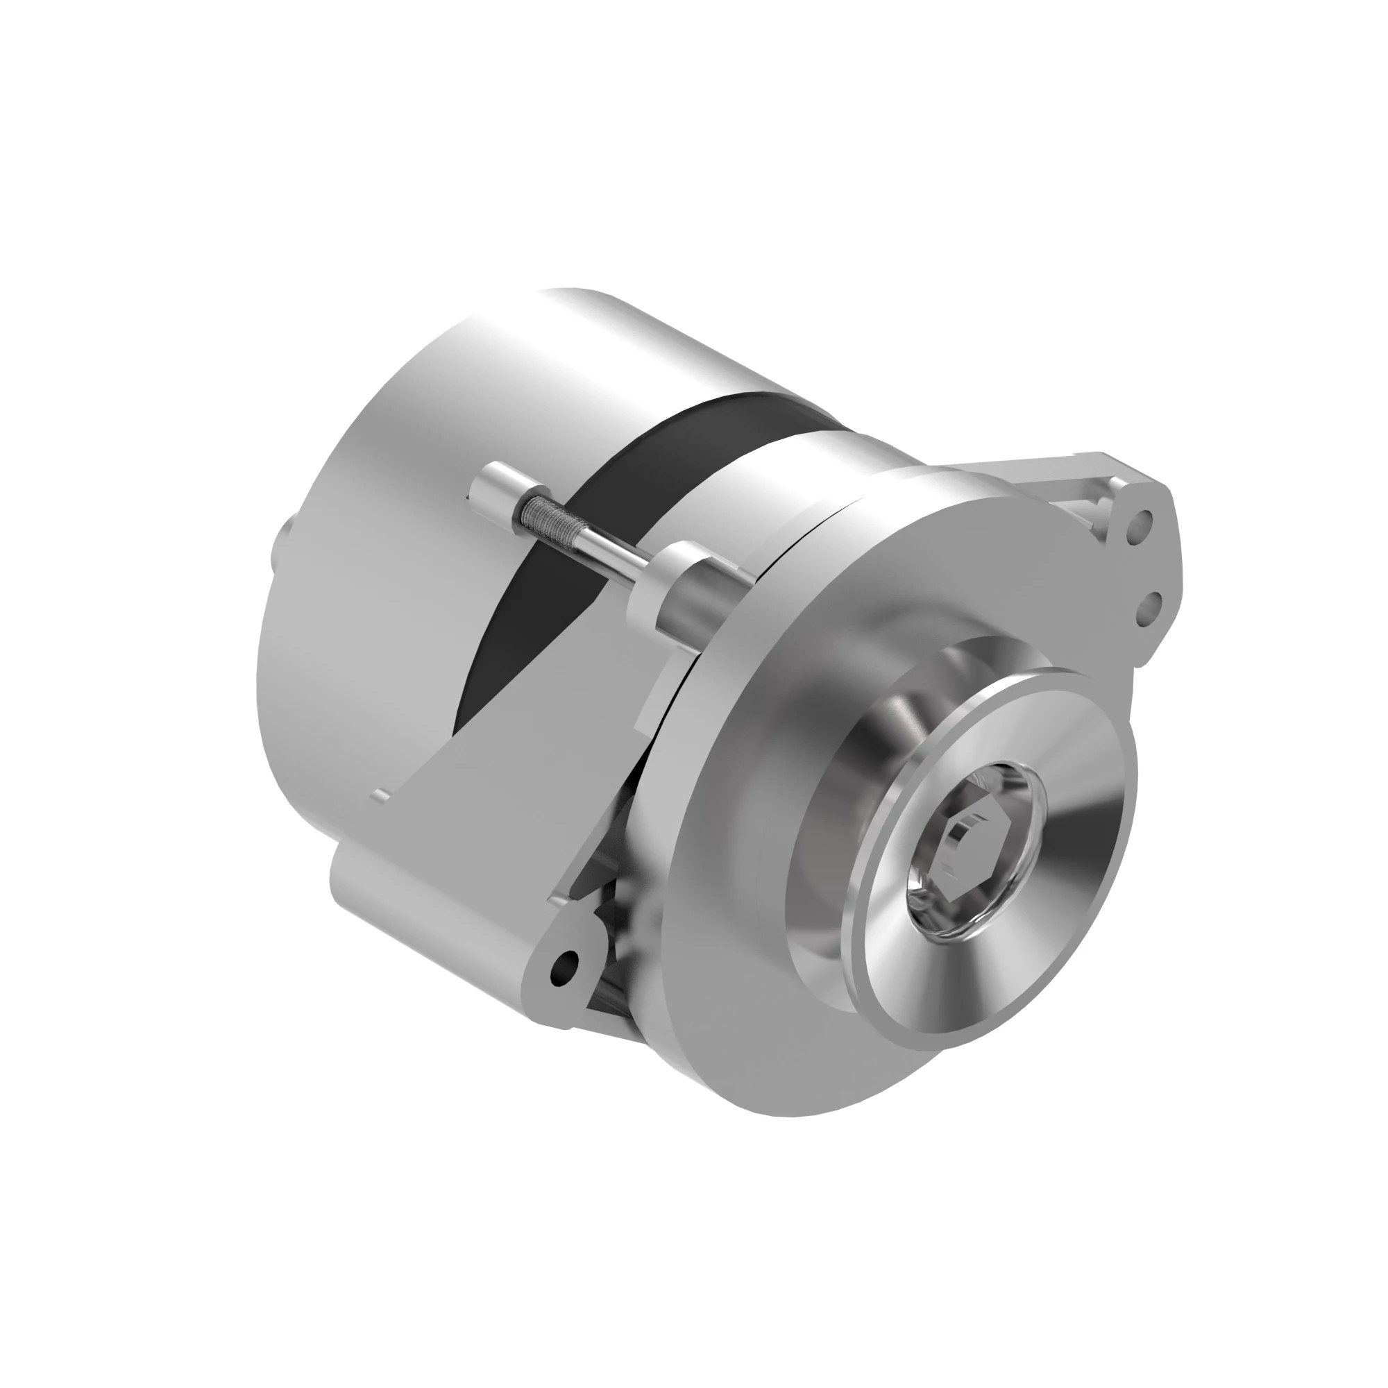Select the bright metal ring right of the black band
coord(754,496)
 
